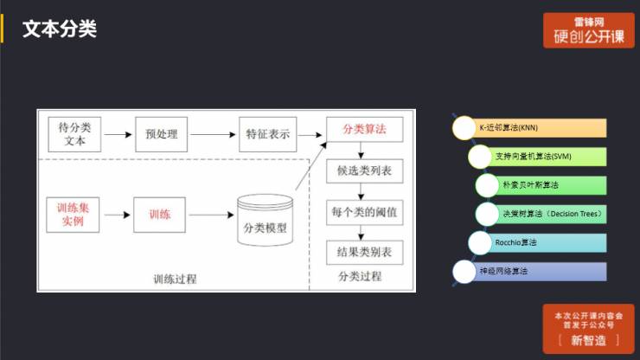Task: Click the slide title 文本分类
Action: click(x=59, y=29)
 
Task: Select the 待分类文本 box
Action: click(x=74, y=134)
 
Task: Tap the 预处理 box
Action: click(x=161, y=134)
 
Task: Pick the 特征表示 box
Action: click(x=267, y=134)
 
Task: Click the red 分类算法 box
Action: click(x=363, y=129)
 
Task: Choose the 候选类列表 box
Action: click(x=363, y=170)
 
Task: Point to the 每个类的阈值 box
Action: click(x=363, y=211)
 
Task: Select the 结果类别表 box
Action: click(x=363, y=252)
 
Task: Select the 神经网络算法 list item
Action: click(x=529, y=271)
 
